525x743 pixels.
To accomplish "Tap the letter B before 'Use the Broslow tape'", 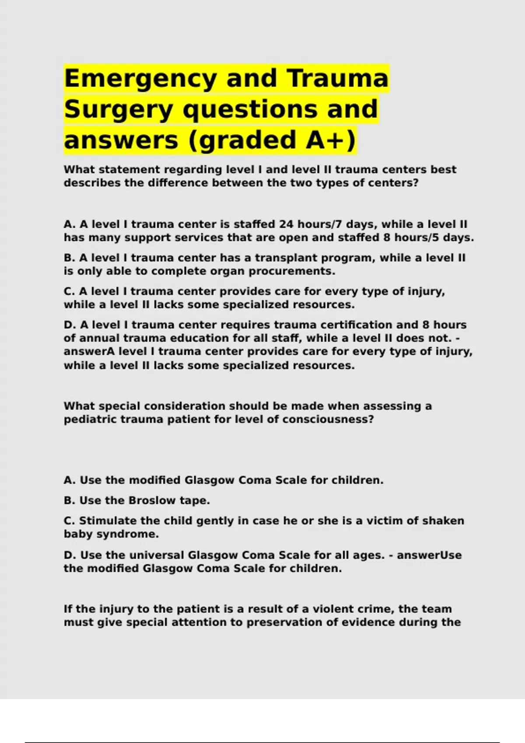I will click(68, 500).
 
